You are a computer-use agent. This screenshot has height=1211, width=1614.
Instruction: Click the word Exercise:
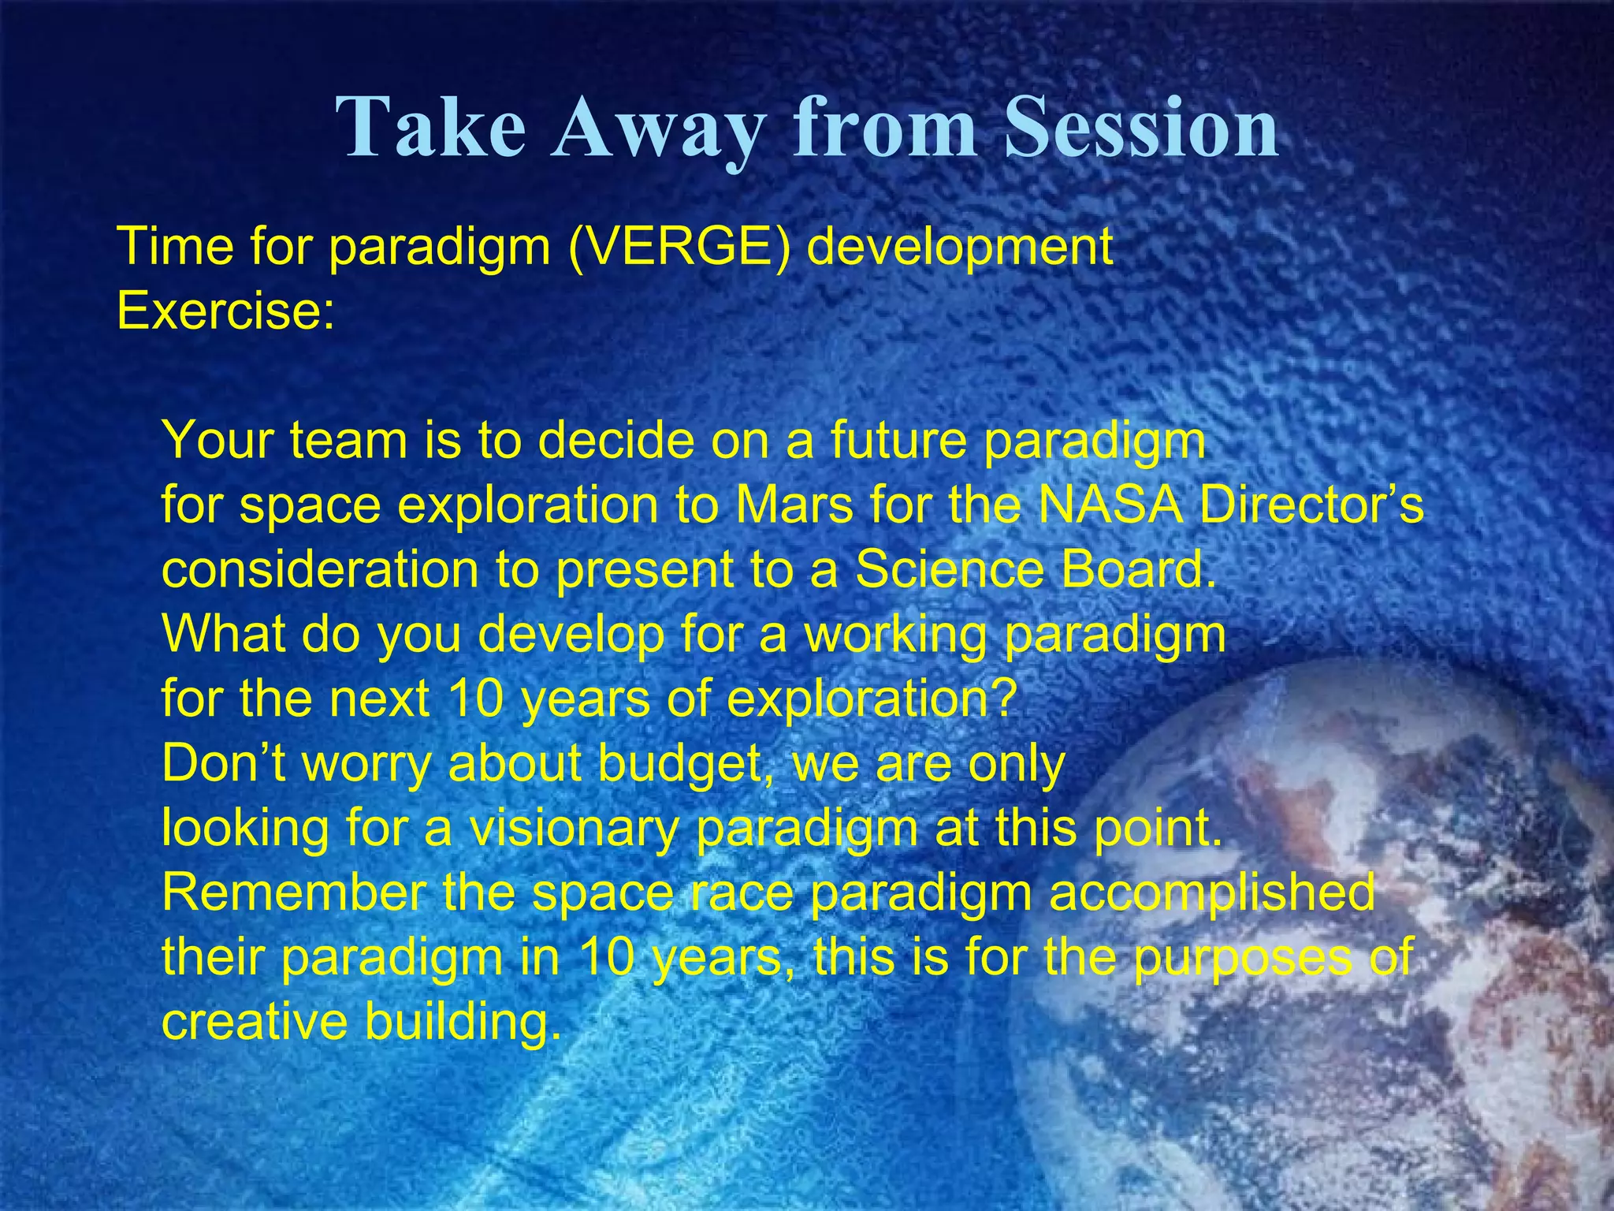(225, 312)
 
